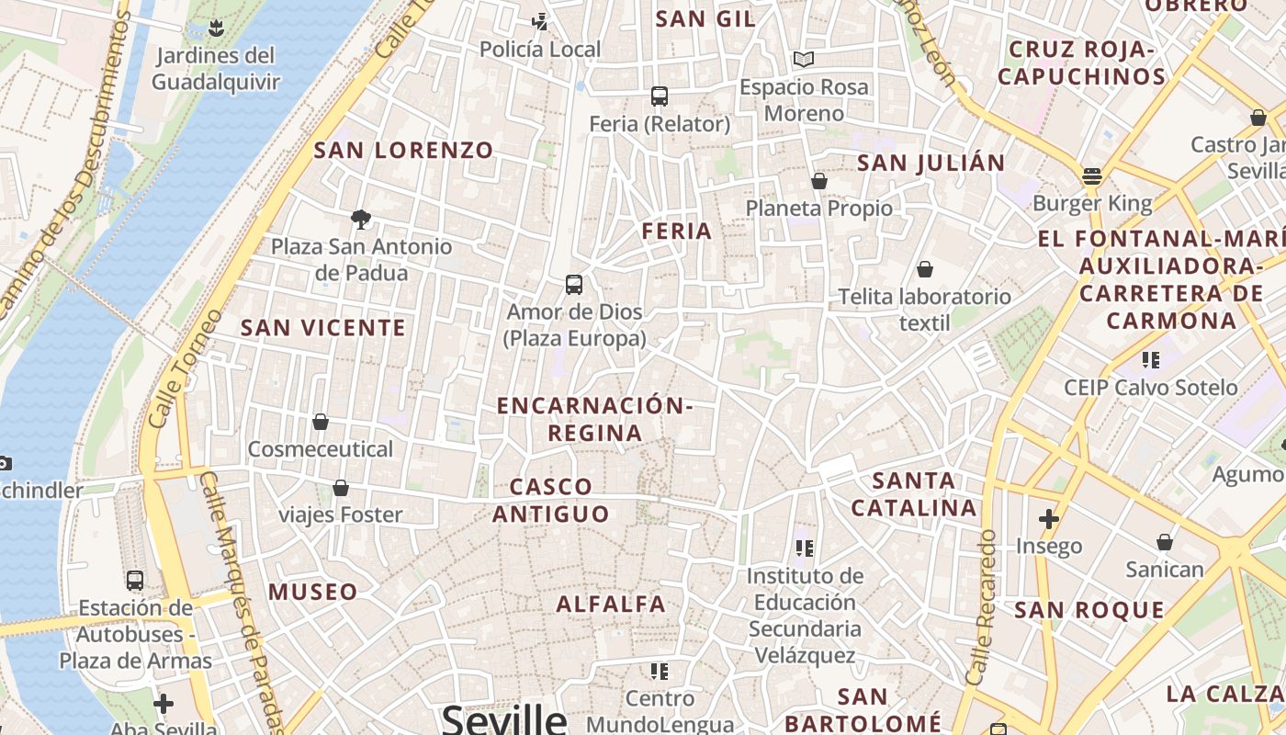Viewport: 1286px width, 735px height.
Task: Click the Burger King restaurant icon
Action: click(1092, 175)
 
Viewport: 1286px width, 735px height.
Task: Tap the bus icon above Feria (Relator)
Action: click(659, 96)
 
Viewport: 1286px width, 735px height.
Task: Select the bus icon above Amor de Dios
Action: click(574, 284)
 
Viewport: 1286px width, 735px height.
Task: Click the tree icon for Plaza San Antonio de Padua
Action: click(361, 219)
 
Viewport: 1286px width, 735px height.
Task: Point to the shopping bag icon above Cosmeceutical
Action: click(321, 422)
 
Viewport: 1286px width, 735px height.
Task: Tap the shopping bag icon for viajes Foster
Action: click(341, 487)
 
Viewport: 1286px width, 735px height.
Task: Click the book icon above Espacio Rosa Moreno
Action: click(804, 60)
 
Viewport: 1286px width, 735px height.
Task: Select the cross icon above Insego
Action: click(1049, 519)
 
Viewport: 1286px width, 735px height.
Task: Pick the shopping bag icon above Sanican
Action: click(1165, 542)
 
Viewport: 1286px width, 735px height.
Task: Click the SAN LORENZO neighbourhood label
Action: click(404, 150)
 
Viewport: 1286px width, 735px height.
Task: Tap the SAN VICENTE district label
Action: click(322, 328)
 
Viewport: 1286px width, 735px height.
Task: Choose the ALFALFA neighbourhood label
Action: click(611, 604)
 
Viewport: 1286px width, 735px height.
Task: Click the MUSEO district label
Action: click(313, 592)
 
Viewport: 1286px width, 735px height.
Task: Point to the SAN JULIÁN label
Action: click(931, 164)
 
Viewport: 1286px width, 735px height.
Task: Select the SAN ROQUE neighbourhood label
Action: click(1089, 610)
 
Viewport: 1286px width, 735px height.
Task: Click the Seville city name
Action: click(504, 718)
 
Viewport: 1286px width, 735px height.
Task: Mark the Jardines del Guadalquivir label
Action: click(216, 69)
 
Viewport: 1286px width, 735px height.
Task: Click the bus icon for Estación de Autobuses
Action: click(135, 581)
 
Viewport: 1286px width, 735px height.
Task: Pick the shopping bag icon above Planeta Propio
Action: click(819, 181)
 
